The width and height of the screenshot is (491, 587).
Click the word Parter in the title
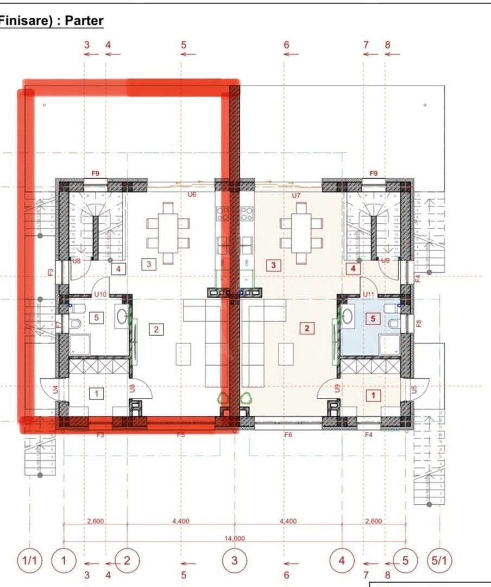[84, 21]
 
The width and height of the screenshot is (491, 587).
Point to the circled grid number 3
[235, 559]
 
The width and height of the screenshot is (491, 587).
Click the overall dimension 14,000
[235, 538]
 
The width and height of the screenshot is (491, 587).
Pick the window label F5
[181, 435]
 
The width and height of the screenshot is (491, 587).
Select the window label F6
[288, 435]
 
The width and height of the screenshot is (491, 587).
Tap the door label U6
[192, 194]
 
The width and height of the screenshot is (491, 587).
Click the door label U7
[296, 194]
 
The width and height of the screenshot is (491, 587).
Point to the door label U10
[99, 294]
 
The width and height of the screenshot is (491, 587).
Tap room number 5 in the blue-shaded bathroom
[373, 319]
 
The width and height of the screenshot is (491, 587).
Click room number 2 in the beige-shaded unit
[307, 328]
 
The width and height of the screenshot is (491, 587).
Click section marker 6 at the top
[286, 45]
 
